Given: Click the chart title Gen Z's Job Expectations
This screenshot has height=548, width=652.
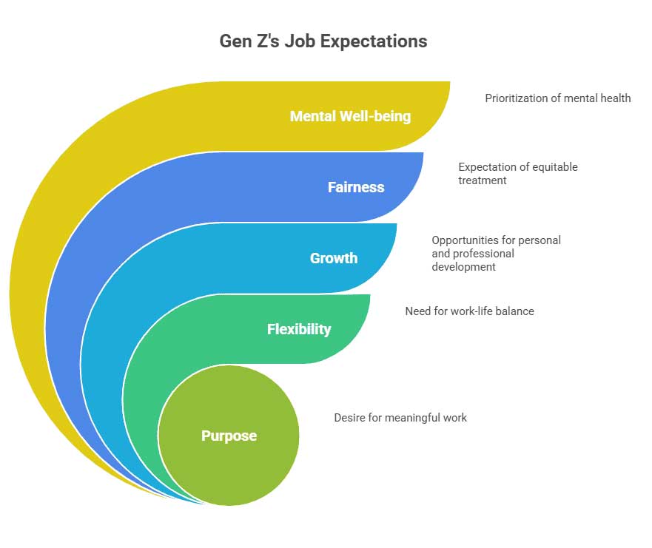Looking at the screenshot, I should (323, 41).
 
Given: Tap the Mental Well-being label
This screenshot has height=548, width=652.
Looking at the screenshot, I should (350, 116).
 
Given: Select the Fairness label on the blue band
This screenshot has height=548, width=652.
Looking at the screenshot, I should (356, 187).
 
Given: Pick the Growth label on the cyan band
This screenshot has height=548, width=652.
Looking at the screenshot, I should (333, 258).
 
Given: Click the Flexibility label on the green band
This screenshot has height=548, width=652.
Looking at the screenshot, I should (299, 329).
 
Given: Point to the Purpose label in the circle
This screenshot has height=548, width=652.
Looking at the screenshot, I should (229, 436).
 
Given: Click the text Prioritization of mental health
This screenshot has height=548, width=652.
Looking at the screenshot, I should (557, 98).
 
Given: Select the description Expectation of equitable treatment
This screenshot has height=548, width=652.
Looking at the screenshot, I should (517, 173).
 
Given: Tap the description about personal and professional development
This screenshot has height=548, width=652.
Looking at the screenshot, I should (496, 254).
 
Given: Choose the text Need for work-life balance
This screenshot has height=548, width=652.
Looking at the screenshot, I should (469, 311).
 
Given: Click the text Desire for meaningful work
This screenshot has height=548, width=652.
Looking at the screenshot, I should (400, 418).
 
